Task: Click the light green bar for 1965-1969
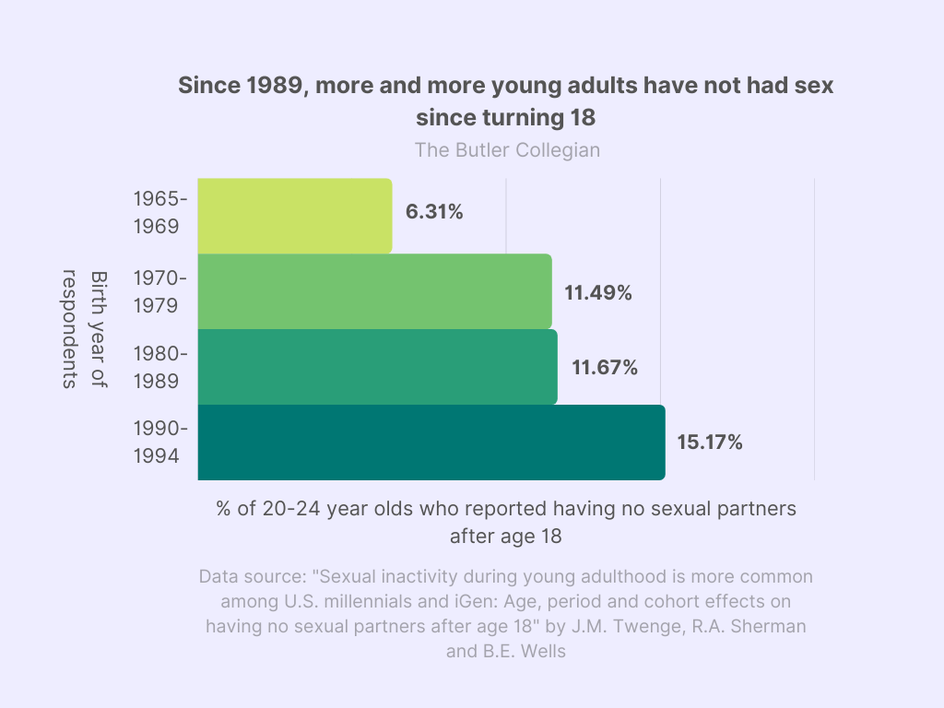[x=295, y=216]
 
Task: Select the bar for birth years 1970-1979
[x=374, y=291]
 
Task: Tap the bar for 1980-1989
[x=377, y=367]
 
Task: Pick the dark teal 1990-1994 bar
[x=431, y=442]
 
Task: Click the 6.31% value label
[x=434, y=212]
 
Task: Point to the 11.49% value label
[x=598, y=293]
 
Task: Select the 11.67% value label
[x=605, y=367]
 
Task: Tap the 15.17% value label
[x=710, y=442]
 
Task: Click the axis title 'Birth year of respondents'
[x=84, y=329]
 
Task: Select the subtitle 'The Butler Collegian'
[x=507, y=149]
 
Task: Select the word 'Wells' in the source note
[x=543, y=650]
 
